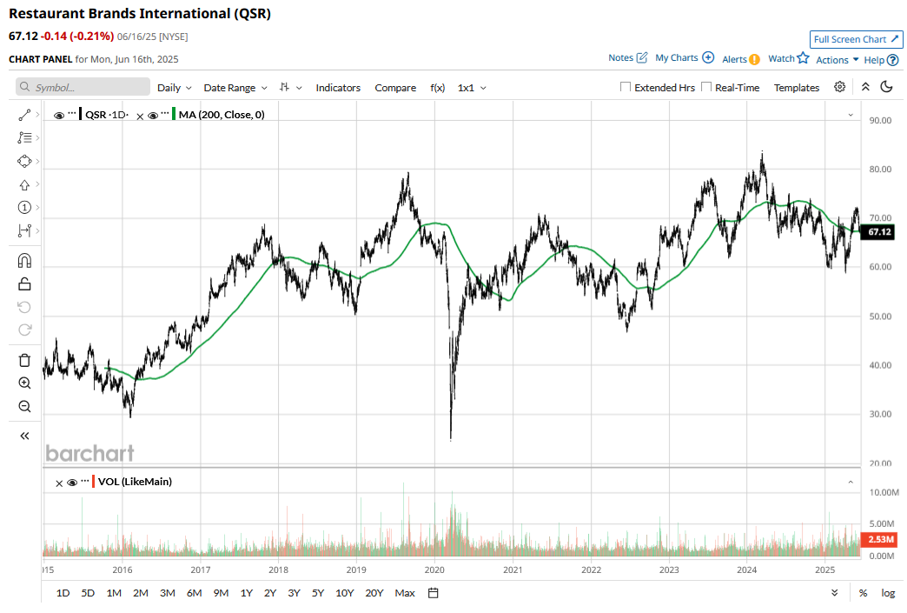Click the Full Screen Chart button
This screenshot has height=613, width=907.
pyautogui.click(x=856, y=39)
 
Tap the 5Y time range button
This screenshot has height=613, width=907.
pyautogui.click(x=318, y=593)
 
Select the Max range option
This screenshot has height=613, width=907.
pyautogui.click(x=405, y=593)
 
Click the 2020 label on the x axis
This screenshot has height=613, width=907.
pyautogui.click(x=434, y=570)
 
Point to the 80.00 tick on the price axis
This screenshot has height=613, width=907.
pyautogui.click(x=881, y=169)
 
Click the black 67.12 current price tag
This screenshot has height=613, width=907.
pyautogui.click(x=879, y=232)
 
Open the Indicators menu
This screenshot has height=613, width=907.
pyautogui.click(x=338, y=88)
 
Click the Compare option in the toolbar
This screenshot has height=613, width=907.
pyautogui.click(x=395, y=88)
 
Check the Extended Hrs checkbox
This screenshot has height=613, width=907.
pyautogui.click(x=626, y=88)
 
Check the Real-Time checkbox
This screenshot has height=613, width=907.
pyautogui.click(x=706, y=88)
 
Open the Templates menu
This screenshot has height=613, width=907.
pyautogui.click(x=797, y=88)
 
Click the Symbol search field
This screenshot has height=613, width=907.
pyautogui.click(x=83, y=88)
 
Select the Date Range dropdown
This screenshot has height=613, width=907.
pyautogui.click(x=236, y=88)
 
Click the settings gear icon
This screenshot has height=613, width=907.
pyautogui.click(x=840, y=87)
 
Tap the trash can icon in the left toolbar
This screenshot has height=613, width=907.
pyautogui.click(x=24, y=360)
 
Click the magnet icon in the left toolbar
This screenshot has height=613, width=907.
pyautogui.click(x=24, y=261)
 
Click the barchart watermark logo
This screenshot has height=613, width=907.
pyautogui.click(x=89, y=453)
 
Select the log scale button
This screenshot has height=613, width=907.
pyautogui.click(x=888, y=593)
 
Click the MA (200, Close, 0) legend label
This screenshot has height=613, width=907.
pyautogui.click(x=222, y=114)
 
